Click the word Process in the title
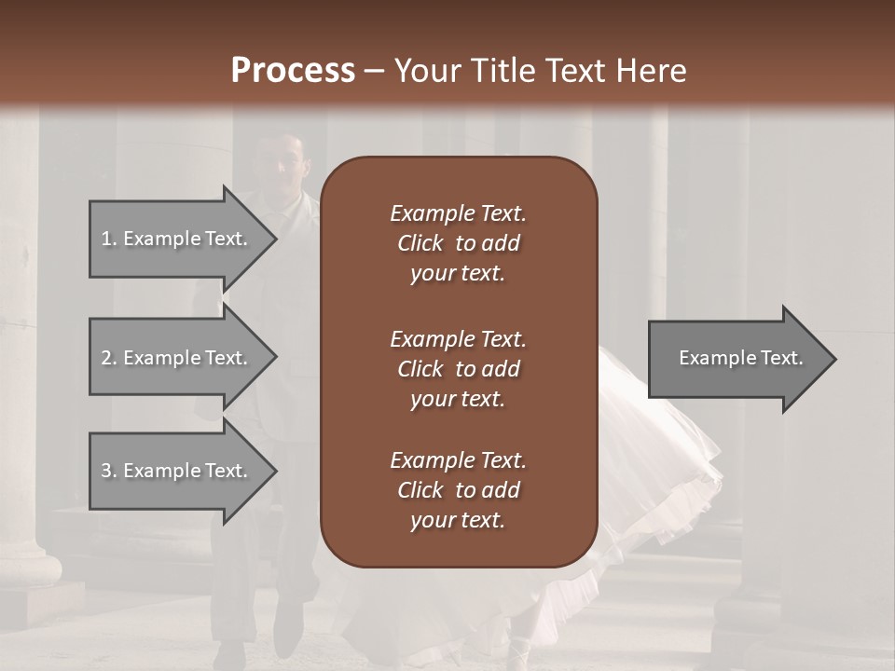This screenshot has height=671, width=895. (293, 70)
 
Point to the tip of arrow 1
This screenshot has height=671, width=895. (275, 239)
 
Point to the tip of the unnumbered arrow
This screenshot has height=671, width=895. (834, 359)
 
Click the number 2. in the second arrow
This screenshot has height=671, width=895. (108, 358)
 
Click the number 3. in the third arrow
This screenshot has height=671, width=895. (108, 471)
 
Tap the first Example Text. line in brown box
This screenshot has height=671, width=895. (458, 213)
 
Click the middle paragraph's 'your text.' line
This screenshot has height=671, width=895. (458, 399)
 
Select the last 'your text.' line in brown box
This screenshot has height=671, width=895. (458, 521)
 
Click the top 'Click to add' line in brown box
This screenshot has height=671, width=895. (458, 244)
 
